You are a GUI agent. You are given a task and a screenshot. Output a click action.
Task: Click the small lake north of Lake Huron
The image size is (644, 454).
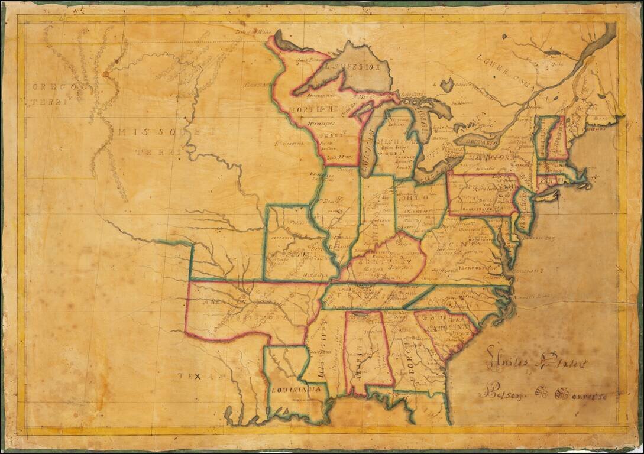tap(447, 85)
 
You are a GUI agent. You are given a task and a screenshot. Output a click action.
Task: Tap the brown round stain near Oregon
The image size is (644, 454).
tap(106, 74)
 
